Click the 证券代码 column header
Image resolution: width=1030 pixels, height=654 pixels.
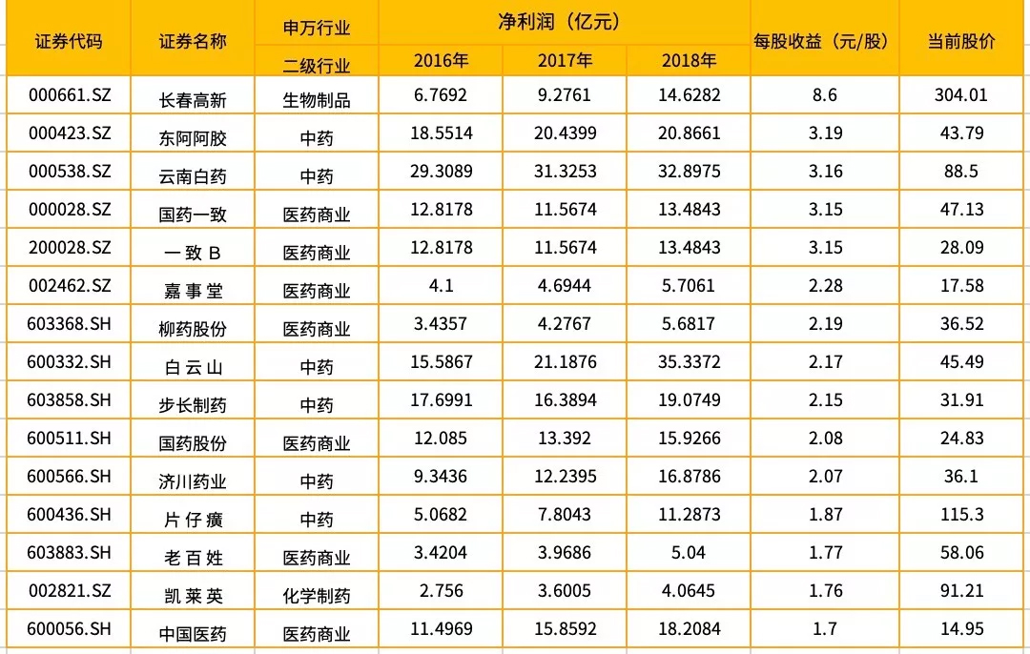(68, 41)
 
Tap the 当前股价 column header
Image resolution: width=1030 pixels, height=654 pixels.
(962, 41)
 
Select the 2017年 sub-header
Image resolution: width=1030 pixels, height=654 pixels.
(565, 61)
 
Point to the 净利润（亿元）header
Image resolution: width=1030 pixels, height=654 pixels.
(565, 20)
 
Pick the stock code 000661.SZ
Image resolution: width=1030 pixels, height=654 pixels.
(71, 95)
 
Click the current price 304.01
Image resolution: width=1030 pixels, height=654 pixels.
(963, 95)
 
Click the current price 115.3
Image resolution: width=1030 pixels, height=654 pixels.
(963, 515)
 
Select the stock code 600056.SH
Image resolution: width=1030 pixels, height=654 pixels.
(71, 629)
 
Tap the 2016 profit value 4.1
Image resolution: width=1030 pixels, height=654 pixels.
(441, 286)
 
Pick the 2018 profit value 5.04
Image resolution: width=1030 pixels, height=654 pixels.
(687, 553)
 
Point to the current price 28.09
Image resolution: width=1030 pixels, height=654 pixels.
(963, 248)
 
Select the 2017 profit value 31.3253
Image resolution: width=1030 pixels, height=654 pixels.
(565, 172)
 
